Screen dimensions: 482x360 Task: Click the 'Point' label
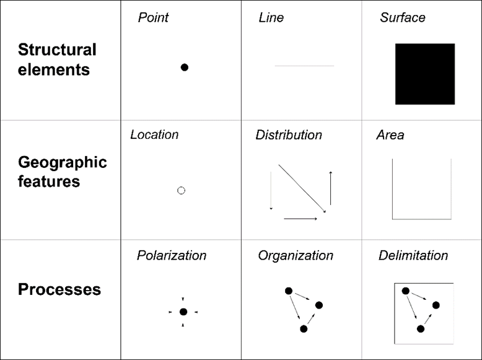153,17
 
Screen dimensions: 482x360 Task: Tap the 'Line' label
271,17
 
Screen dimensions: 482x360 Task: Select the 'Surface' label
403,17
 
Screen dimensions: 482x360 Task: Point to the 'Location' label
154,134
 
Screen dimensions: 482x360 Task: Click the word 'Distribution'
289,134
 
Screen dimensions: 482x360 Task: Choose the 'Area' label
390,134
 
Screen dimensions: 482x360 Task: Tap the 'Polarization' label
172,255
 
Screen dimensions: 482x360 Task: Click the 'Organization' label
296,255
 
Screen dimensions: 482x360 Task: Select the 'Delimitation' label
413,255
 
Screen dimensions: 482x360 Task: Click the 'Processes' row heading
59,289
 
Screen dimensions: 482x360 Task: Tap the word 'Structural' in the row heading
57,50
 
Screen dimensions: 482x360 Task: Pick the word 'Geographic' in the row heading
63,162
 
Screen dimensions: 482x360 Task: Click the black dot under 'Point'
185,68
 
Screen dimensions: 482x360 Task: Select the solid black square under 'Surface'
425,74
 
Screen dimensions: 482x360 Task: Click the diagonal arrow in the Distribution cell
302,188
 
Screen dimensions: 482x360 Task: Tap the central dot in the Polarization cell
183,312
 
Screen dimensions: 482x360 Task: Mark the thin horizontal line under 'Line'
304,66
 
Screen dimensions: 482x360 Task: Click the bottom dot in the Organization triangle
304,329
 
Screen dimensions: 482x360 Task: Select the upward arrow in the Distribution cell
330,188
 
